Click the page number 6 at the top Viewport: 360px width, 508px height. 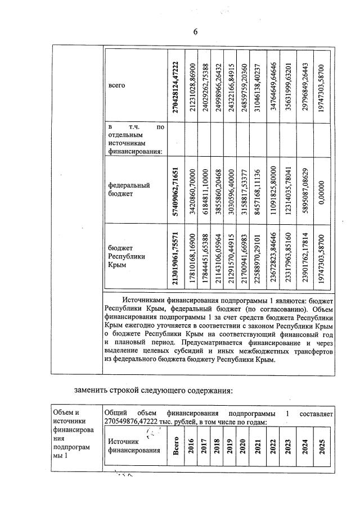click(195, 31)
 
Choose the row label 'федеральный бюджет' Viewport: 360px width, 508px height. click(124, 189)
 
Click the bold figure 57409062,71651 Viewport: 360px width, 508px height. click(175, 190)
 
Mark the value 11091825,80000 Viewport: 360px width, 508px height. click(273, 190)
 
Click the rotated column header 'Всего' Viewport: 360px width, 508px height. click(175, 447)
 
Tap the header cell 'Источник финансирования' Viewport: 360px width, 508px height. click(130, 446)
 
